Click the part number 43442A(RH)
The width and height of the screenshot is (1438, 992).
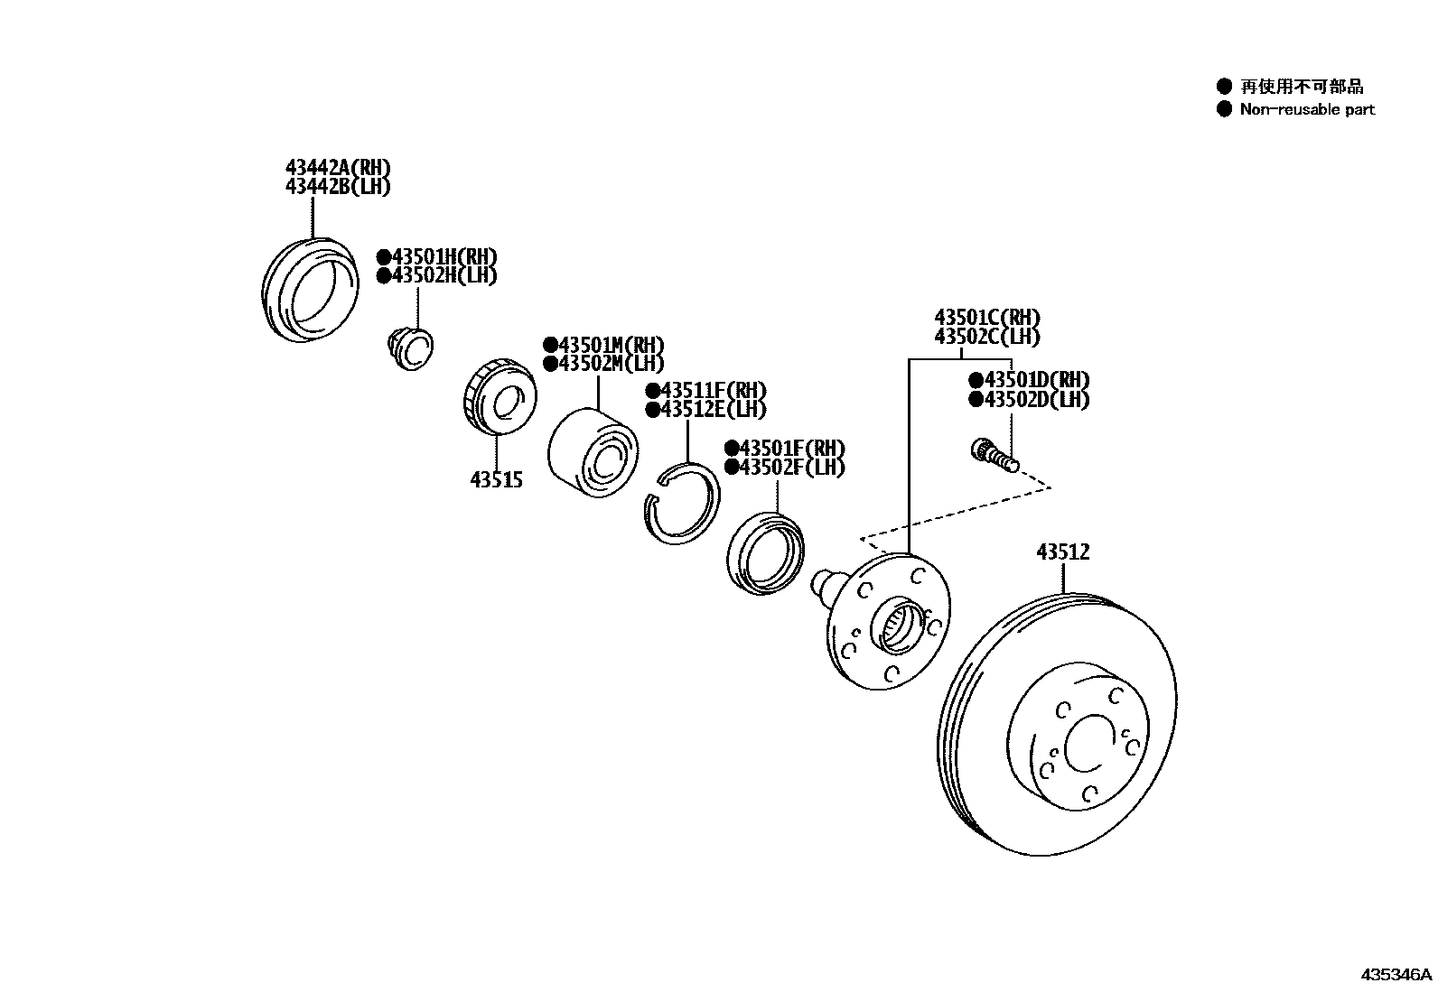(338, 168)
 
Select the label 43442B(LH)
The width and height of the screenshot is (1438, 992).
(338, 187)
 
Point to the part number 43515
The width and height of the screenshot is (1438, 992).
(496, 480)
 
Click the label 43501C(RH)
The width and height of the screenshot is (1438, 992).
(986, 318)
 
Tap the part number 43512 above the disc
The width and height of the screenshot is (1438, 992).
(1062, 552)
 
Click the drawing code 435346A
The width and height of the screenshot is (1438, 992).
(1396, 975)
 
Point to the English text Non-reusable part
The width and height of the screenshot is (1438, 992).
(1306, 109)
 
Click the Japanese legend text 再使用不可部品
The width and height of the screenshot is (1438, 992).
(1301, 87)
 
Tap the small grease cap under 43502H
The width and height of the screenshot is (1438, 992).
(408, 348)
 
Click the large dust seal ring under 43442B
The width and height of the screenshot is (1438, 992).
(309, 291)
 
